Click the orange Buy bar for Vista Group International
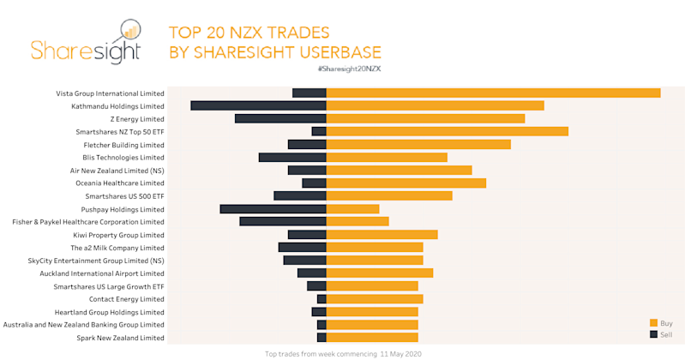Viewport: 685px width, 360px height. coord(493,93)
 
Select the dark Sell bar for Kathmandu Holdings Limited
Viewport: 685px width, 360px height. coord(258,105)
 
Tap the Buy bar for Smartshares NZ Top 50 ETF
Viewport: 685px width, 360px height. coord(447,131)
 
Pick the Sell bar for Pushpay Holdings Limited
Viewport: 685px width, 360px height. coord(273,208)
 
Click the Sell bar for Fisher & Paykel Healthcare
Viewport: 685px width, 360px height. coord(282,221)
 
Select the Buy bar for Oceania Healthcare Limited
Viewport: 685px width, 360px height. coord(406,183)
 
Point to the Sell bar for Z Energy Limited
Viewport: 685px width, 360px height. coord(280,118)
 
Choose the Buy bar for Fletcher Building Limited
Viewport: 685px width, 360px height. coord(418,144)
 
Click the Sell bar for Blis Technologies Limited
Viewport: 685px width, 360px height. coord(292,157)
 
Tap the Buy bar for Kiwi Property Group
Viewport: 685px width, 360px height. coord(382,234)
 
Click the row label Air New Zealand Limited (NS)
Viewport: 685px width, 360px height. coord(117,171)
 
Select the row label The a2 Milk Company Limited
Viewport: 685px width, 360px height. coord(117,248)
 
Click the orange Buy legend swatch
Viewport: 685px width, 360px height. coord(653,323)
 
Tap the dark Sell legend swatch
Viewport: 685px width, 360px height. coord(653,333)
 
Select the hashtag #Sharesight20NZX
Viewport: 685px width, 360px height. coord(349,68)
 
